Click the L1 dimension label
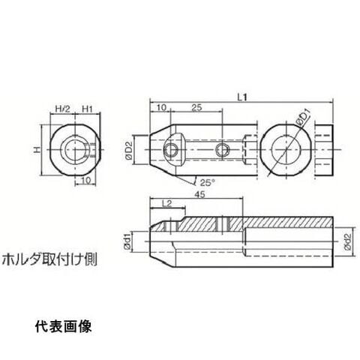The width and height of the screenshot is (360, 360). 242,97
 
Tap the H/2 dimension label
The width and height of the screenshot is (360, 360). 62,109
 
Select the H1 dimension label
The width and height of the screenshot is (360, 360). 88,109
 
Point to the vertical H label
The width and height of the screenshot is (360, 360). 37,150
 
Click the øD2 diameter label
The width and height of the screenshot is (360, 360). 129,151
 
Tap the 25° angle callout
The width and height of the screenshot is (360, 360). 208,182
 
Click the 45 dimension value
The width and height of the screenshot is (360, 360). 200,194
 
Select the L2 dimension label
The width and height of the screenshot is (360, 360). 167,204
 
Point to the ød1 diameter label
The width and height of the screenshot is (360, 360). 127,242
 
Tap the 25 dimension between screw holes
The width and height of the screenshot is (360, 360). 196,107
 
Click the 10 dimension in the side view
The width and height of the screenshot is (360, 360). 161,107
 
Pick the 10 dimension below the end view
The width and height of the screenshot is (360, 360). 85,180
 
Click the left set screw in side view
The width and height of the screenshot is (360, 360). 171,150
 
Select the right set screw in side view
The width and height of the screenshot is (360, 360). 222,150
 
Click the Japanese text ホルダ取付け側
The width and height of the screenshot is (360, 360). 49,259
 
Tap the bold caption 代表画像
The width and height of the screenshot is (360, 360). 64,326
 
